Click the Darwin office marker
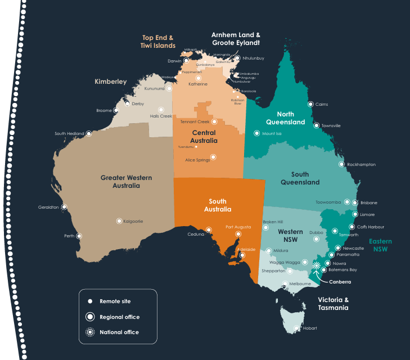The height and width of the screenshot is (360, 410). pos(186,61)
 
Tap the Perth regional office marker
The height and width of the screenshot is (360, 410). pos(79,236)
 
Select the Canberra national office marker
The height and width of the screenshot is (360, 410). pos(316,265)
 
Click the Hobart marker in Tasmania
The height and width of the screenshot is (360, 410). pos(298,328)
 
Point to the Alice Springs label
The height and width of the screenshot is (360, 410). pos(197,160)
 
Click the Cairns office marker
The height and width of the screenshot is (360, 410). pos(310,104)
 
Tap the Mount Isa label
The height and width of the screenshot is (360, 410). pos(272,134)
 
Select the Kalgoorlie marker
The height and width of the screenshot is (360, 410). pos(119,221)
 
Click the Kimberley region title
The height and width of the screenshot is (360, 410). pos(110,82)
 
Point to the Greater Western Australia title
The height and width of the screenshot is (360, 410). pos(126,182)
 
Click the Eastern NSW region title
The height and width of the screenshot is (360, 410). pos(380,245)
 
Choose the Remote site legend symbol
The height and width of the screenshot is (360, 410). pos(89,301)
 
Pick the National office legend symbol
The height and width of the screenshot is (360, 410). pos(89,332)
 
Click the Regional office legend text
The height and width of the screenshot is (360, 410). pos(120,317)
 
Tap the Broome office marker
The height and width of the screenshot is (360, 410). pos(116,110)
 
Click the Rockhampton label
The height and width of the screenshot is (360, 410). pos(362,165)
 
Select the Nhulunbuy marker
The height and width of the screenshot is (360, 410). pos(238,58)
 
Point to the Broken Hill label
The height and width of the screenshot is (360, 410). pos(273,222)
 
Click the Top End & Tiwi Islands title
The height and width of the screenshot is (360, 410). pos(158,42)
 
